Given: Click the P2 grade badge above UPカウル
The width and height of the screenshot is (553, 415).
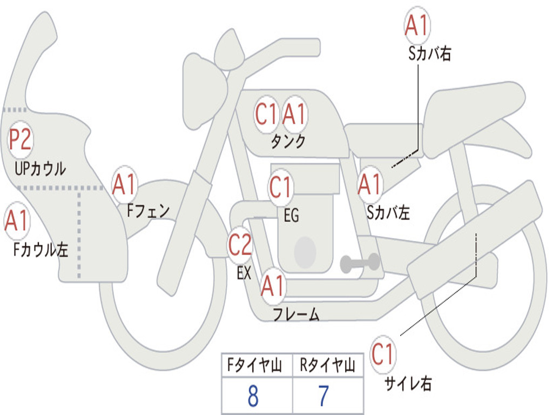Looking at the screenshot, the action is (21, 140).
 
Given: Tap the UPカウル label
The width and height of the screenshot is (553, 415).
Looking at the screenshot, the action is (41, 169).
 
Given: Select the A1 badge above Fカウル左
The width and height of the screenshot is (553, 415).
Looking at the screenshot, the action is (17, 222).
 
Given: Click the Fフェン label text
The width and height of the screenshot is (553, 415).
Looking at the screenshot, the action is (149, 210).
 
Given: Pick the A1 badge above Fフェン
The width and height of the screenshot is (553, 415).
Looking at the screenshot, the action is (125, 185).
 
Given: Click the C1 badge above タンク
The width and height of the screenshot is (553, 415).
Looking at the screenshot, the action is (266, 115).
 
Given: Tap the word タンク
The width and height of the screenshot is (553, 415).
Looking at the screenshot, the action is (288, 142).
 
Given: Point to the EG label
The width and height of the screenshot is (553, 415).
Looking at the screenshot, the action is (291, 216).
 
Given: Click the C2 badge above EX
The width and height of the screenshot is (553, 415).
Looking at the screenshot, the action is (240, 245).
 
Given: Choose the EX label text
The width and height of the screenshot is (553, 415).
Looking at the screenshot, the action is (244, 273).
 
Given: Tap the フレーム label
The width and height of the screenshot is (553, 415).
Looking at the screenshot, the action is (296, 314).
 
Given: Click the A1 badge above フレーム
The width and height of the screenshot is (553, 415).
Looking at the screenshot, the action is (273, 286).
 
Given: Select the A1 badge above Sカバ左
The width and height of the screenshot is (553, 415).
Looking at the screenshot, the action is (370, 185).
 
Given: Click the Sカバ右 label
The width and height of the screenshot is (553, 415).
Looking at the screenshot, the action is (429, 54).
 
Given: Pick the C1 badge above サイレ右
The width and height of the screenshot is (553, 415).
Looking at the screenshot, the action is (383, 355).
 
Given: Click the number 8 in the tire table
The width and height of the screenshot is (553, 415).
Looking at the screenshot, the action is (253, 397).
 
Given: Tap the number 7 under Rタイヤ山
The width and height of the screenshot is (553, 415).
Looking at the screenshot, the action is (323, 397).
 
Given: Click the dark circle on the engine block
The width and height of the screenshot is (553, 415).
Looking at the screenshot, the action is (305, 252).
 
